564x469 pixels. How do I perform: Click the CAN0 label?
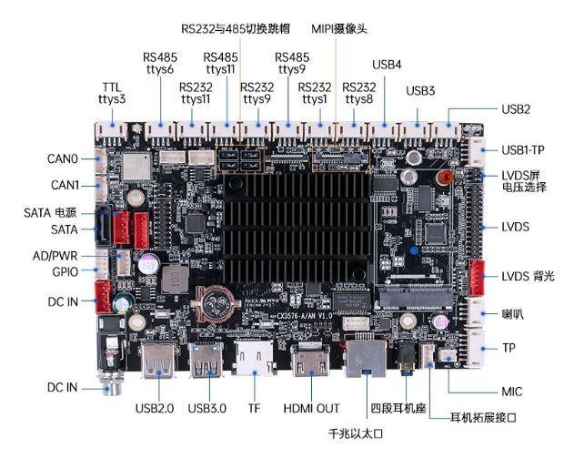[63, 159]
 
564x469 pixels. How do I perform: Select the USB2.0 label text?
[154, 408]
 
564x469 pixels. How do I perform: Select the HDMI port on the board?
[311, 359]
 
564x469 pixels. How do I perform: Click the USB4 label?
[387, 65]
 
